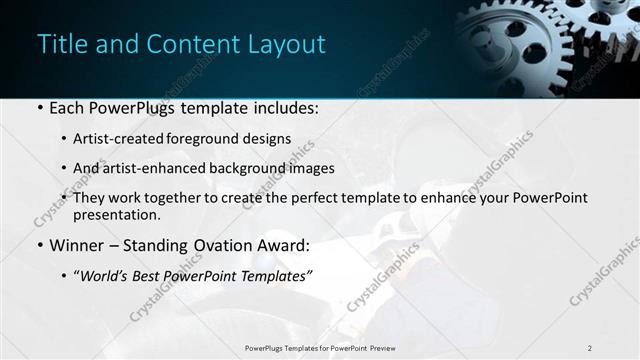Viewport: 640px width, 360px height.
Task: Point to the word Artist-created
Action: pos(113,139)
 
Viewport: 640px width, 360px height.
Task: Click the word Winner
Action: pos(74,245)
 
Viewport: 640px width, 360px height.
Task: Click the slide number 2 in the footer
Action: pos(589,348)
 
